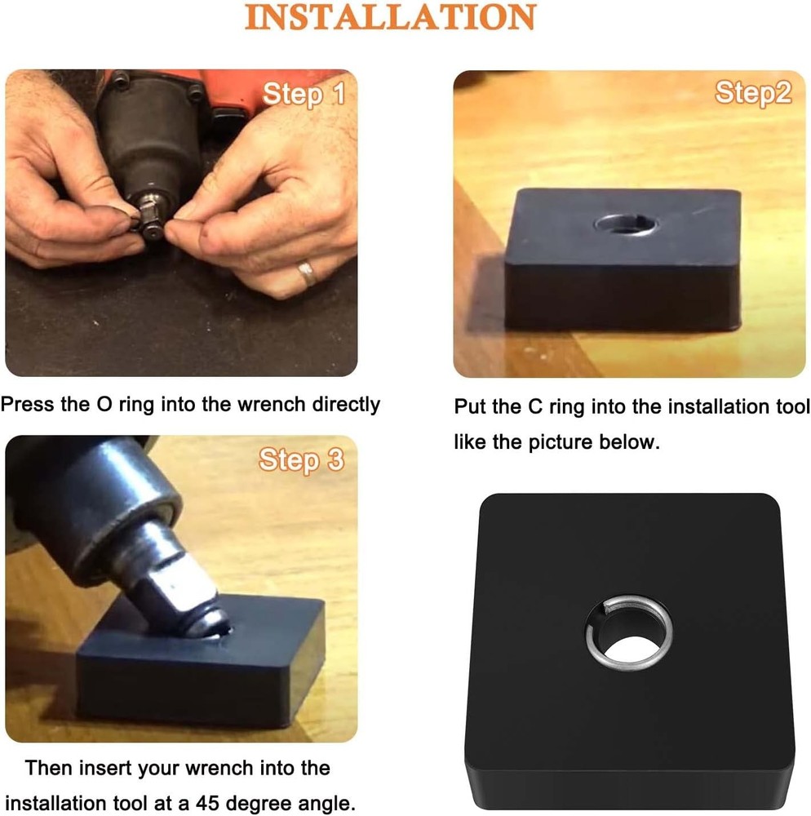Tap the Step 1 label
pyautogui.click(x=304, y=95)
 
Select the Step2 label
pyautogui.click(x=752, y=93)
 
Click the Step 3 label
pyautogui.click(x=301, y=460)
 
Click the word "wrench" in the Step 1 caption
pyautogui.click(x=244, y=404)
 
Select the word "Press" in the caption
pyautogui.click(x=27, y=404)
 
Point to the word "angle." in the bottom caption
pyautogui.click(x=326, y=803)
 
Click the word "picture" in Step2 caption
pyautogui.click(x=561, y=442)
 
